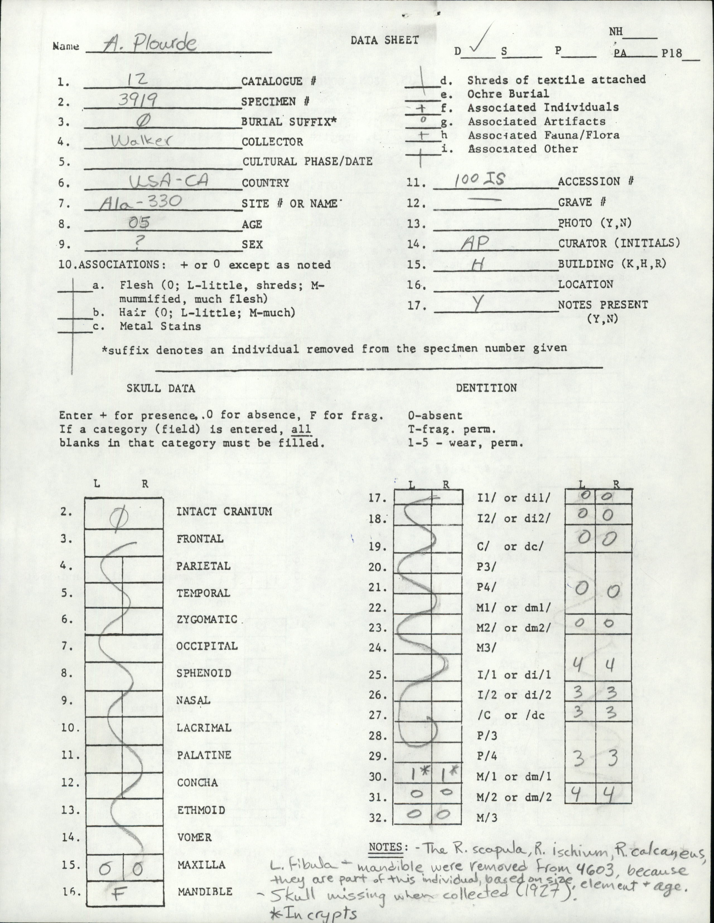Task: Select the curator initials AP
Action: point(475,243)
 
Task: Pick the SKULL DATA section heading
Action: point(161,388)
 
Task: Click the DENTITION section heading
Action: point(486,388)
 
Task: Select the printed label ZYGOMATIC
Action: point(207,619)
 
